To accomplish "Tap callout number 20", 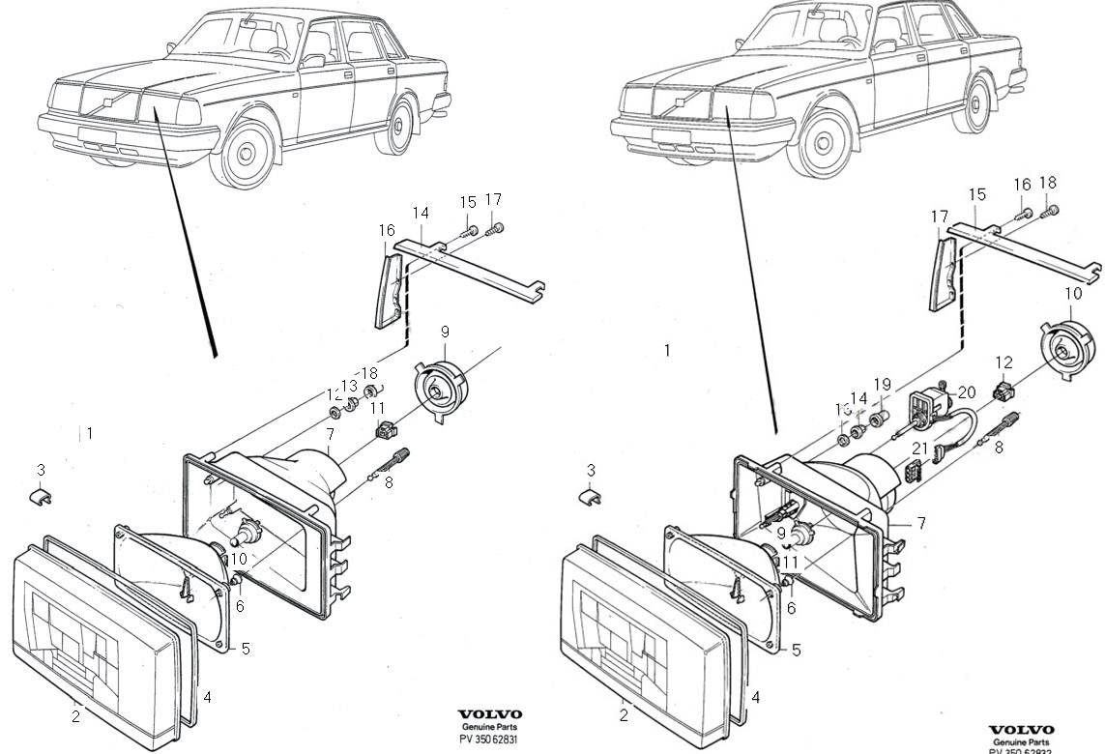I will point(966,392).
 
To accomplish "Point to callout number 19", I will point(882,385).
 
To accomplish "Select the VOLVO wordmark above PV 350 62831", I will point(490,714).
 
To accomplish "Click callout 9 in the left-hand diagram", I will point(445,333).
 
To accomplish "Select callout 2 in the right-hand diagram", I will point(624,715).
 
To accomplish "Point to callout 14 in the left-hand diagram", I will point(421,213).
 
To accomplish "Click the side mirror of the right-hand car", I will point(884,45).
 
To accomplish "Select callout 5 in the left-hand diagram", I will point(246,649).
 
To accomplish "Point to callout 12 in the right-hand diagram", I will point(1004,362).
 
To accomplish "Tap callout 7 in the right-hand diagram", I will point(921,523).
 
